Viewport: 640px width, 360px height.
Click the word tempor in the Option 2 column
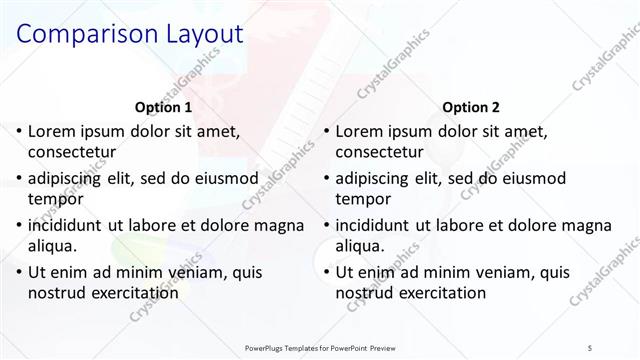(362, 200)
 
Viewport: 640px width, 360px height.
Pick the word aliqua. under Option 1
(54, 246)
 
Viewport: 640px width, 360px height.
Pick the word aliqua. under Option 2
(362, 246)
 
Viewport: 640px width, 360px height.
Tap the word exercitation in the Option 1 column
(134, 293)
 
